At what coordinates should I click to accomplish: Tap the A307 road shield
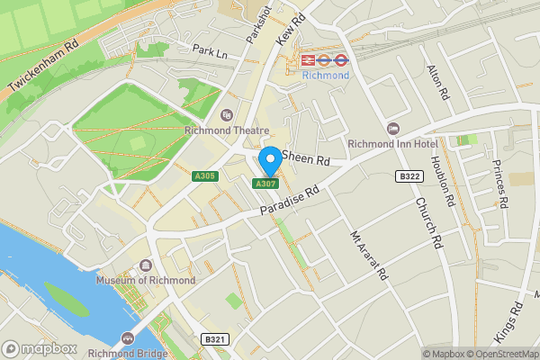coord(264,184)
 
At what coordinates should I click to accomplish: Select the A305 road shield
coord(204,175)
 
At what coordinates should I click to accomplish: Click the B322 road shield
coord(410,176)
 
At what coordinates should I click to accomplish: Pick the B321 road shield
coord(212,339)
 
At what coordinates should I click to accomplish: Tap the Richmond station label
coord(325,76)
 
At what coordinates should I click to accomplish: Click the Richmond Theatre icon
coord(226,115)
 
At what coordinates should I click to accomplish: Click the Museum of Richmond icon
coord(146,266)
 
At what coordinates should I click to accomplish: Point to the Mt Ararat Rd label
coord(368,253)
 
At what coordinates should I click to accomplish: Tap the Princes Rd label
coord(501,184)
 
